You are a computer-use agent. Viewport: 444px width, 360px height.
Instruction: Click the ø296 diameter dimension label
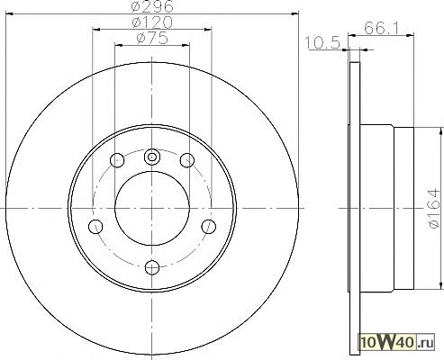point(152,6)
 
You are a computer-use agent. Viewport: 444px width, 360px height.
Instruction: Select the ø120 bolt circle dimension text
point(152,22)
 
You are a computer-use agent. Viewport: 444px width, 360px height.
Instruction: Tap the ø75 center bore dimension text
point(152,38)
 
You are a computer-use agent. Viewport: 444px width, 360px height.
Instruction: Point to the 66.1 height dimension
point(381,29)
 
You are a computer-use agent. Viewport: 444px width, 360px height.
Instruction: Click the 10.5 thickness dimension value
point(322,42)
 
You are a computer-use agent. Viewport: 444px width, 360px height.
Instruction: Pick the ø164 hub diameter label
point(434,208)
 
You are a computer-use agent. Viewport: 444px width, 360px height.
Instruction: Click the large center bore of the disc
point(152,208)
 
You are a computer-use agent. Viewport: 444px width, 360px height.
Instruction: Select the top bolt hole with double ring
point(152,157)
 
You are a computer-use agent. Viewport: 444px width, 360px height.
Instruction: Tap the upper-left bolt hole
point(117,160)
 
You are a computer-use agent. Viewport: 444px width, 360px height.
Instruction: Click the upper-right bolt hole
point(187,160)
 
